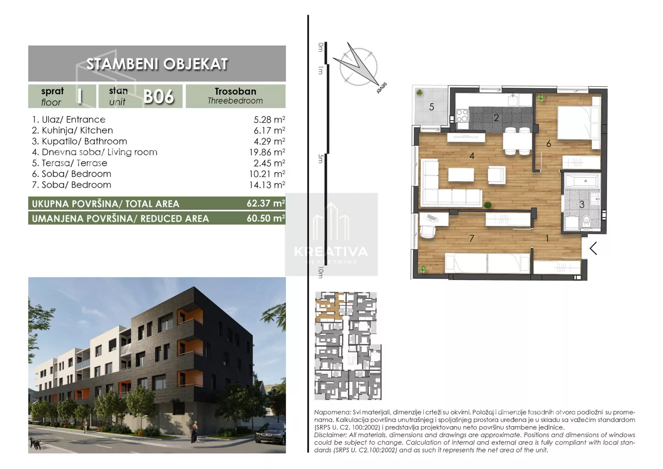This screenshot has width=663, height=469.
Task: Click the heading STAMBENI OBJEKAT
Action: pos(157,64)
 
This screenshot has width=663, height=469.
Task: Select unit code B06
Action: pos(158,96)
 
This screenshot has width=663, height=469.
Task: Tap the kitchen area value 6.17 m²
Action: pos(269,130)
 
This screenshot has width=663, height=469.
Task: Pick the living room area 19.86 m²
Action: pos(267,152)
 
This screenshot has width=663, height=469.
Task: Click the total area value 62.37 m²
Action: pos(266,204)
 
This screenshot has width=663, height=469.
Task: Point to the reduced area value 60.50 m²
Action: pos(266,218)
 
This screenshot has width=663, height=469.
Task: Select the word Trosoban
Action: pos(235,91)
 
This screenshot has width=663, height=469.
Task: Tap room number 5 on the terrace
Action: pos(432,107)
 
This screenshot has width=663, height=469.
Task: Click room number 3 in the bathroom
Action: pos(581,205)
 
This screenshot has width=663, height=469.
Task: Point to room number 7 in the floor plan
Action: pos(472,238)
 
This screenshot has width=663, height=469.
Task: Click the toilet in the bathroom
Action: pos(586,221)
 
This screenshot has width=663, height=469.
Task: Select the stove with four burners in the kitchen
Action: pos(462,116)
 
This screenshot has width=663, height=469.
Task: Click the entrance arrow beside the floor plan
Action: pos(593,248)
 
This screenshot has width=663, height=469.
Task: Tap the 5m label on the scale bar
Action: pos(321,159)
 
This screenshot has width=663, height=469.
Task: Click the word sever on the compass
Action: pos(381,88)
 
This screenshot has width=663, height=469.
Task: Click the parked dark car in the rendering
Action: pos(270,434)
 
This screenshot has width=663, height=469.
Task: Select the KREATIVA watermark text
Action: pos(331,252)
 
